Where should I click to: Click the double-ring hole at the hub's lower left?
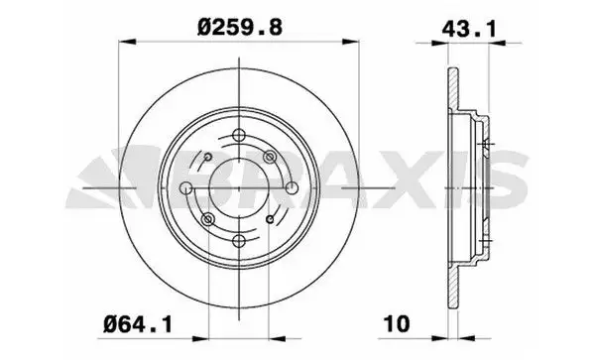206,218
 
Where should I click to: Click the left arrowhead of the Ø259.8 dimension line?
124,41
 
